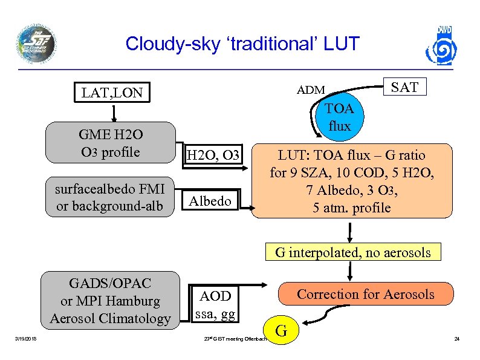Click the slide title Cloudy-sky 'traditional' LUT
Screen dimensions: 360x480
tap(242, 44)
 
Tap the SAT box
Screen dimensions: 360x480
tap(404, 87)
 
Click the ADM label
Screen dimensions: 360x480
tap(311, 91)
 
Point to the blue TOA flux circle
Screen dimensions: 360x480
tap(339, 117)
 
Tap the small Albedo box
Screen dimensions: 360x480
tap(210, 201)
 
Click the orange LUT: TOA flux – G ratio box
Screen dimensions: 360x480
tap(351, 181)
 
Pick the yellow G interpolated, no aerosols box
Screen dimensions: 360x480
tap(353, 252)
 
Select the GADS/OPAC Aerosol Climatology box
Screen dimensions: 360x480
tap(110, 301)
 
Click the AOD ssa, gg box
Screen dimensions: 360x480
tap(215, 304)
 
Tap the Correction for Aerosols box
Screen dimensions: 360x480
tap(365, 295)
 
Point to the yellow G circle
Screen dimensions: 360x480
tap(281, 331)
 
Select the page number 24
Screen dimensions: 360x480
tap(457, 339)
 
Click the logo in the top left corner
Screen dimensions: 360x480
tap(36, 44)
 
